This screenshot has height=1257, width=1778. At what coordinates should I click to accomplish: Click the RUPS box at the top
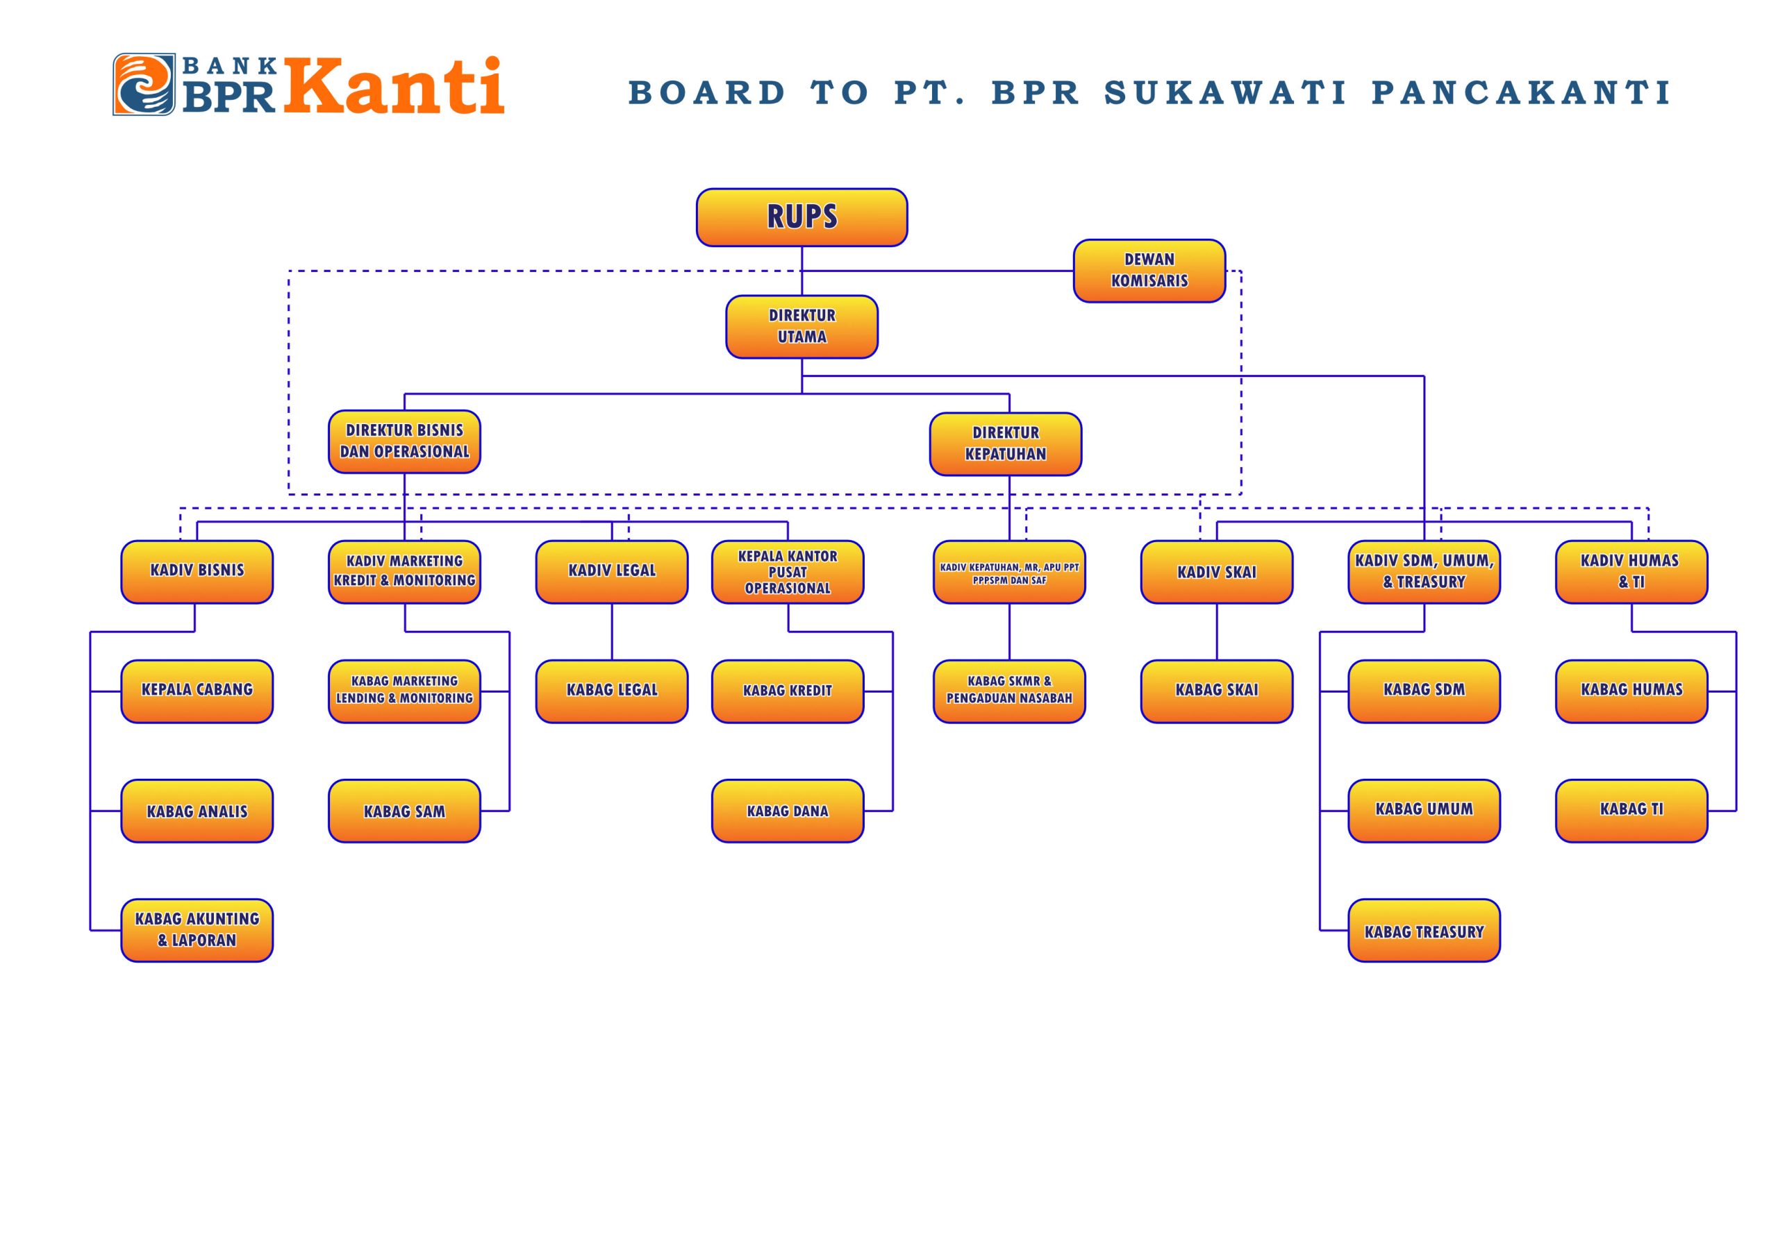coord(801,217)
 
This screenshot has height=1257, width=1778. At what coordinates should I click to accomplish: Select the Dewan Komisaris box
coord(1149,271)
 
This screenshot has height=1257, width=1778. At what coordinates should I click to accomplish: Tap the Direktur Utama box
coord(801,327)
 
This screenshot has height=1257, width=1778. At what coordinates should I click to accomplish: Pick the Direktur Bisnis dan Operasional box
coord(404,441)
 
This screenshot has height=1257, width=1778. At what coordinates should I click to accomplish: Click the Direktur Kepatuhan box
coord(1005,444)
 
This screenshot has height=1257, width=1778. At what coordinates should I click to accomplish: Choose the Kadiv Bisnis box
coord(197,571)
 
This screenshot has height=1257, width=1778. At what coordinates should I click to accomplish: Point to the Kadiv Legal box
coord(612,571)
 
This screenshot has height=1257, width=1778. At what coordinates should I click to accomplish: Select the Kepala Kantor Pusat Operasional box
coord(788,571)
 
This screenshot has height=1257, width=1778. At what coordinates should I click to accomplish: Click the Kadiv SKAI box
coord(1217,571)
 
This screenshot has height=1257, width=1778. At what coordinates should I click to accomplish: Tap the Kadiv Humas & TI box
coord(1631,571)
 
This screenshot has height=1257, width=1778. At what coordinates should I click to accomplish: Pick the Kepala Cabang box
coord(197,691)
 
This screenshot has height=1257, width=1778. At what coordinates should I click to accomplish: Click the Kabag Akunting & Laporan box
coord(197,929)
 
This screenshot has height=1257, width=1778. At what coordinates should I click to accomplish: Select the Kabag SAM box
coord(404,811)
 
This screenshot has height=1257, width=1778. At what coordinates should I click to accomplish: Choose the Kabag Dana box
coord(788,811)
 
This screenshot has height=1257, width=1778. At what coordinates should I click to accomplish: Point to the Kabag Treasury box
coord(1424,929)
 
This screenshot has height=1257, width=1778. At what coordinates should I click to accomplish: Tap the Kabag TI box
coord(1631,811)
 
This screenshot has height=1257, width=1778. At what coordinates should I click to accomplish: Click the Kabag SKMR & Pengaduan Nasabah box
coord(1009,691)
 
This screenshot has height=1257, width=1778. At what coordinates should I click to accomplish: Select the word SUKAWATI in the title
coord(1225,93)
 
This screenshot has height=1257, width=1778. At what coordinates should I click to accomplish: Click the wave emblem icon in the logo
coord(144,85)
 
